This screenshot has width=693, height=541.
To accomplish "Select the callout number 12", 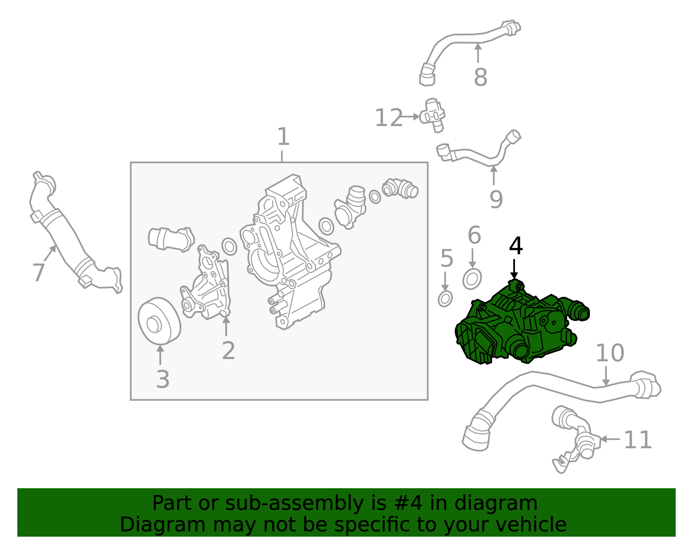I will click(388, 118).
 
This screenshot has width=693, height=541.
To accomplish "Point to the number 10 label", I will click(610, 353).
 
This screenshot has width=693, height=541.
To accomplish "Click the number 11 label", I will click(638, 440).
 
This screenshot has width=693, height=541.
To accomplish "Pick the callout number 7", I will click(39, 272).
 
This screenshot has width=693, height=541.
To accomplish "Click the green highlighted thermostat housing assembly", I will click(520, 329).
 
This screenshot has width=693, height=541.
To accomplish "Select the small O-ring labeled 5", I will click(445, 298).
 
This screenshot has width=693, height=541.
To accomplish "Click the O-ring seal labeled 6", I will click(472, 279).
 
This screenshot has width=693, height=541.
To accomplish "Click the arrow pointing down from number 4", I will click(514, 269).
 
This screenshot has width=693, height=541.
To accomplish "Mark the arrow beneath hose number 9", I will click(493, 175).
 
